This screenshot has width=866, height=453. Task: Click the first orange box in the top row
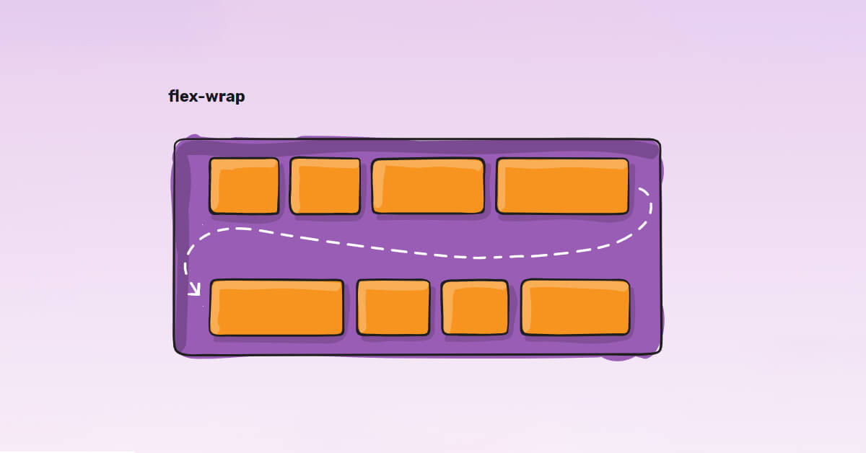pyautogui.click(x=244, y=186)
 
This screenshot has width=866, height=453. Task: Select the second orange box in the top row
pyautogui.click(x=325, y=186)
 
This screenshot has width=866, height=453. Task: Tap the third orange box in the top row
pyautogui.click(x=428, y=186)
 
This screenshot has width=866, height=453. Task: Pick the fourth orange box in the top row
pyautogui.click(x=562, y=186)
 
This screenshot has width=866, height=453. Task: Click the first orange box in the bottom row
pyautogui.click(x=276, y=308)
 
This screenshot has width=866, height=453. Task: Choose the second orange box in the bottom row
pyautogui.click(x=393, y=308)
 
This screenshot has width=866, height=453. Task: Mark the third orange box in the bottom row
pyautogui.click(x=475, y=308)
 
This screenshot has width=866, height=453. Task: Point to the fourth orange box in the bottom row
pyautogui.click(x=575, y=308)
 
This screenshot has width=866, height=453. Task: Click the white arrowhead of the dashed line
pyautogui.click(x=194, y=291)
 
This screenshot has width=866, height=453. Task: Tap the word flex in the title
pyautogui.click(x=184, y=96)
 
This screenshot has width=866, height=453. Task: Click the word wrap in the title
pyautogui.click(x=225, y=97)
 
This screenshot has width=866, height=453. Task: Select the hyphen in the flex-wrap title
pyautogui.click(x=202, y=97)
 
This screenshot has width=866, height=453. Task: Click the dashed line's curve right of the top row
pyautogui.click(x=650, y=209)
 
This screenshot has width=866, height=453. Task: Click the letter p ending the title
pyautogui.click(x=240, y=98)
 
